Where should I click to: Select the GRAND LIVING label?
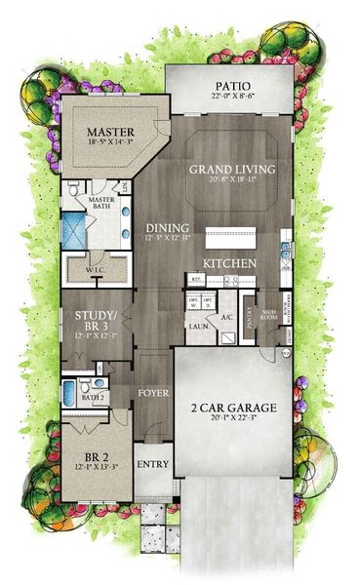coord(231,168)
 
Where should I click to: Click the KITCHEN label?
coord(229,263)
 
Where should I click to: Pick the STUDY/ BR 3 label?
coord(95,321)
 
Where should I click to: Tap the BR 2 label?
coord(95,453)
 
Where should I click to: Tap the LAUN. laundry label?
coord(195,326)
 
